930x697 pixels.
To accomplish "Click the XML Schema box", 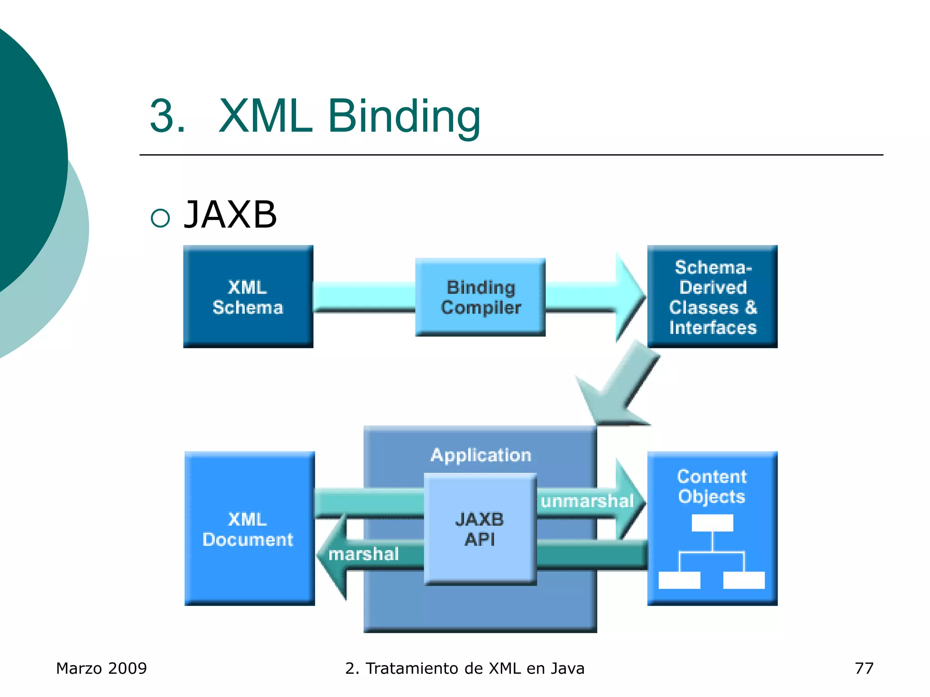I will [x=248, y=297].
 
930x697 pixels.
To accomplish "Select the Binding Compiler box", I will [x=480, y=297].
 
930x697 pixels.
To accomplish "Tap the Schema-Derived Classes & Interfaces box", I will [x=712, y=297].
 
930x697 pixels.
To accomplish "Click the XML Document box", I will [x=249, y=529].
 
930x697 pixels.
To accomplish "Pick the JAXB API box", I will [x=480, y=529].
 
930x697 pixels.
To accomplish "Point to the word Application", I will [x=481, y=455].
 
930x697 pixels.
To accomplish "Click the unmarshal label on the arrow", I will [x=587, y=501].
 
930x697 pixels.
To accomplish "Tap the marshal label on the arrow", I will [x=363, y=554].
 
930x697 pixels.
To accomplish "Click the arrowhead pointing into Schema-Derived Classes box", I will [x=630, y=297].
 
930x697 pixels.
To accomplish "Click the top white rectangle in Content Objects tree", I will [x=712, y=523].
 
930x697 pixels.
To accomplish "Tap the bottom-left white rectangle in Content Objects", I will [x=679, y=580].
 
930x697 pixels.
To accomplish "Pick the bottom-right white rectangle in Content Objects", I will [x=744, y=580].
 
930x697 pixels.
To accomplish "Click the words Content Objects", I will [x=712, y=486].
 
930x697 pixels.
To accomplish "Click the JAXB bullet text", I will [x=230, y=215].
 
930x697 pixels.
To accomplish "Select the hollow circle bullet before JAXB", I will [x=160, y=218].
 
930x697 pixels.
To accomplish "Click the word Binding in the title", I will [x=404, y=117].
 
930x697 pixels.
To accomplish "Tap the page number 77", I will [x=864, y=668].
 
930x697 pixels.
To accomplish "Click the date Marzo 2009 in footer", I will [x=101, y=668].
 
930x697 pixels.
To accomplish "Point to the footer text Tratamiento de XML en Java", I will [x=475, y=668].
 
